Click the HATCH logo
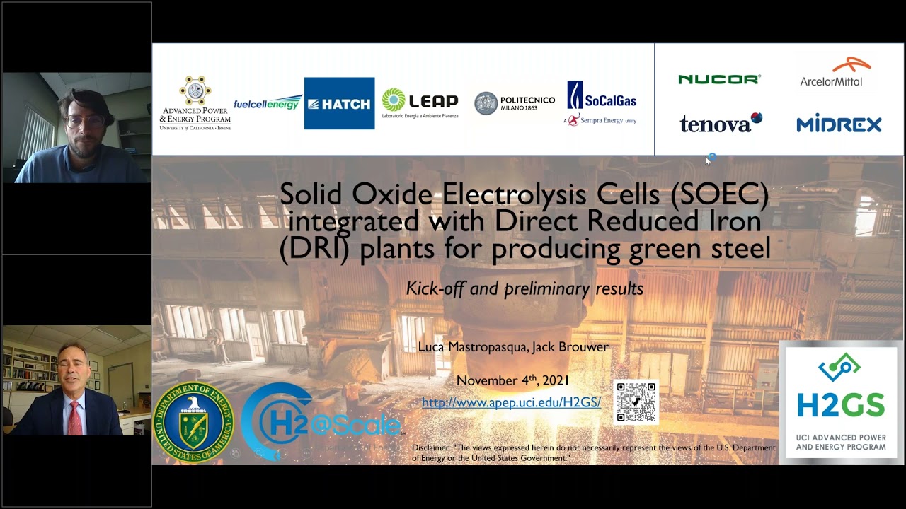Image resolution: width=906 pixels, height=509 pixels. coord(339,103)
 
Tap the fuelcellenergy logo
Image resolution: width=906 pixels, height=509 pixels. coord(268,103)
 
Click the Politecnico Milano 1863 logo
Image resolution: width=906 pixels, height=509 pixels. coord(515,103)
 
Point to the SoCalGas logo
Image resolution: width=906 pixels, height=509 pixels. coord(601,103)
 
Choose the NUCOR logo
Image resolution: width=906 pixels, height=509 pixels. coord(719,79)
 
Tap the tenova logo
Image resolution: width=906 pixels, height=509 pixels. coord(721,124)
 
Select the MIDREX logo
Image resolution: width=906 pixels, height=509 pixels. coord(839,124)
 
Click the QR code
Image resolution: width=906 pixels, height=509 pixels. coord(636,402)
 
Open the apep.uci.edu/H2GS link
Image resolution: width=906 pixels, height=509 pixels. coord(511,402)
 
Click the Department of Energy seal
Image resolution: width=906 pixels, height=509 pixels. coord(193,422)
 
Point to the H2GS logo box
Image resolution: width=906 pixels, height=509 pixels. coord(841,402)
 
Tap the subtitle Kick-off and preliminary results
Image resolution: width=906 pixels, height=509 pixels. coord(524,288)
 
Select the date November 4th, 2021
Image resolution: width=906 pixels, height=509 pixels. coord(512,380)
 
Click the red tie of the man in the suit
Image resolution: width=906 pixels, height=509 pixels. coord(74,417)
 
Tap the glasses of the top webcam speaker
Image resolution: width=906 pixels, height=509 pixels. coord(85,121)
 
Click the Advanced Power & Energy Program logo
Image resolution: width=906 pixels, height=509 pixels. coord(195,103)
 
